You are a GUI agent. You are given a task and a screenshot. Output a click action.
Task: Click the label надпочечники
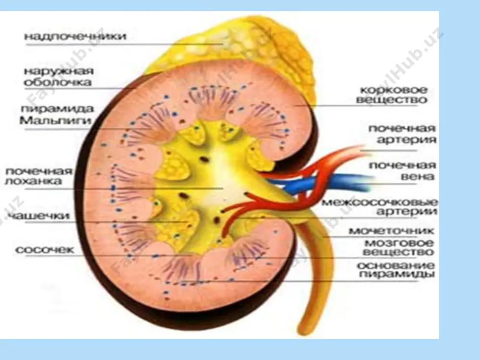point(75,36)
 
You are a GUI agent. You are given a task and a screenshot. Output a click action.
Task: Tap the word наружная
point(59,72)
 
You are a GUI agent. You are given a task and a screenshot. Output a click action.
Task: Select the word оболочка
point(58,82)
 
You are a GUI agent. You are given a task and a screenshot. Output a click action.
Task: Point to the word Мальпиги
point(55,120)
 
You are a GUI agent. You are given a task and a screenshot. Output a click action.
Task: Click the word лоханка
point(34,181)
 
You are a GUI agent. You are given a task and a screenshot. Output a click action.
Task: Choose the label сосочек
point(45,250)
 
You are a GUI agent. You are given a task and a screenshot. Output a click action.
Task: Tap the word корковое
point(394,90)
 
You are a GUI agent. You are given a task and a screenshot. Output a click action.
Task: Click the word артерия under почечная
point(407,140)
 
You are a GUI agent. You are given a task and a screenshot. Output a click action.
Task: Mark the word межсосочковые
point(380,203)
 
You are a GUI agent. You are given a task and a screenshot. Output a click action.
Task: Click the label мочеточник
point(391,231)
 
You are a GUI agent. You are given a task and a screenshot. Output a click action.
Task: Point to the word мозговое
point(399,243)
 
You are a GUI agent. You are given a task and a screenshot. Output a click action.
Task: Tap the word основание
point(396,265)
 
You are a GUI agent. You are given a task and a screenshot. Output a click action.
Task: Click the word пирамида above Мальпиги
point(57,109)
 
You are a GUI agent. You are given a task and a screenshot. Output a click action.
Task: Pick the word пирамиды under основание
point(397,274)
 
